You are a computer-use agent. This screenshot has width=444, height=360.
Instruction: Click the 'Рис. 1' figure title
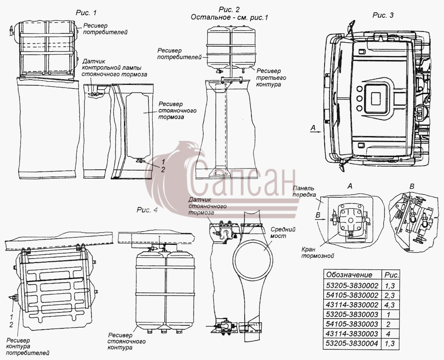tap(86, 13)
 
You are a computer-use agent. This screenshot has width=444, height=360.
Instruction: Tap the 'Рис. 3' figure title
tap(383, 15)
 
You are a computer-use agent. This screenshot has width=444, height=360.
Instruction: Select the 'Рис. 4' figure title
tap(147, 210)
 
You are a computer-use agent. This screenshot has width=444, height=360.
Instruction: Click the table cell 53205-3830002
tap(352, 285)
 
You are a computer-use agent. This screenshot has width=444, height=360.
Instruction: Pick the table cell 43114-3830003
tap(352, 334)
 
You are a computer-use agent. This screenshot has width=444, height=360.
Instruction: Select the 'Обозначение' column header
tap(349, 275)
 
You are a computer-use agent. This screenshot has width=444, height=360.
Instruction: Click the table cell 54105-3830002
tap(352, 295)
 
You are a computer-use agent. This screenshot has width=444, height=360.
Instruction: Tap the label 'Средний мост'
tap(282, 232)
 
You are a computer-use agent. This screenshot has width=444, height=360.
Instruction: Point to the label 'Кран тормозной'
tap(317, 252)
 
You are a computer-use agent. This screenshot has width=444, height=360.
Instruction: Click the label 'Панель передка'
tap(304, 192)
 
